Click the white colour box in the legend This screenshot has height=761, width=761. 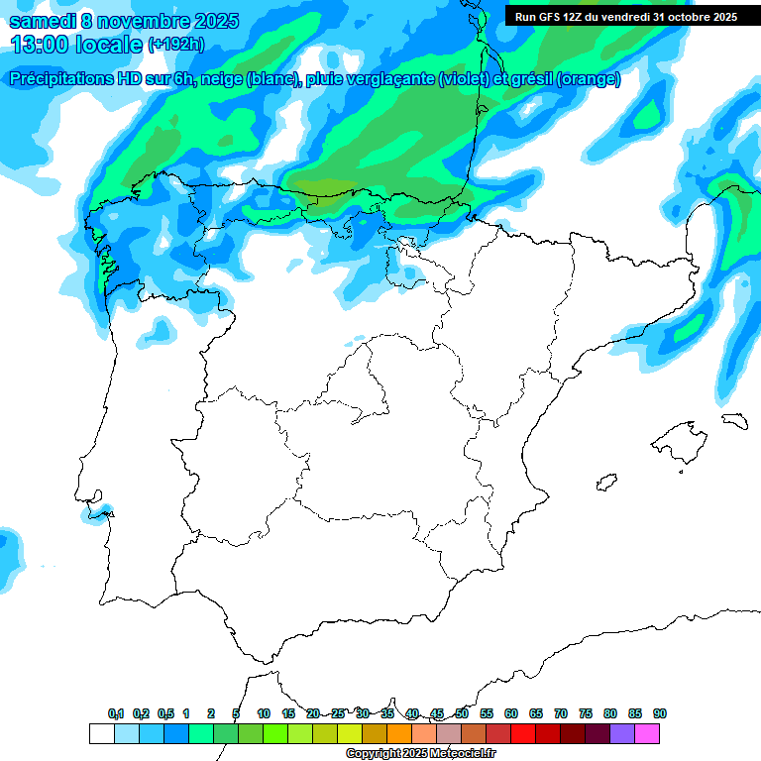tap(101, 733)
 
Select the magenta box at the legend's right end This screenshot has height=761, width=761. tap(647, 733)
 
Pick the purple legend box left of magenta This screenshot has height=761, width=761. tap(622, 733)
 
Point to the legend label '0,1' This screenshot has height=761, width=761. tap(116, 713)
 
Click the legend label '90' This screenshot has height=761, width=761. tap(659, 713)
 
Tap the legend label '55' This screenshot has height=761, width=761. tap(487, 713)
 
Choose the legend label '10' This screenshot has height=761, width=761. tap(264, 713)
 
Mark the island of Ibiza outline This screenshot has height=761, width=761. tap(606, 483)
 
